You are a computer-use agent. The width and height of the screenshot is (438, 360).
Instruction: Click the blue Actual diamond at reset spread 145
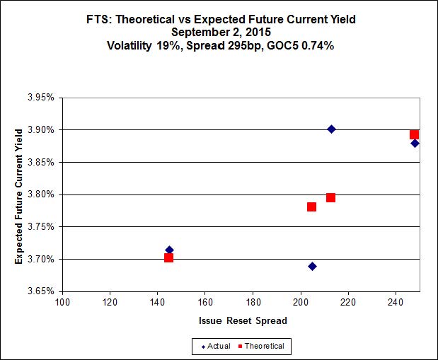click(x=169, y=250)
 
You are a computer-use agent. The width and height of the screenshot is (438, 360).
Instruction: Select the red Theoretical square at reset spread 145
click(x=168, y=257)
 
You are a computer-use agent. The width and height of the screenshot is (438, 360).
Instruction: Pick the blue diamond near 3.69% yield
click(x=312, y=266)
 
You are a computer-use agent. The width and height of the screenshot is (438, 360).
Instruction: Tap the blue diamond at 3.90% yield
click(x=331, y=129)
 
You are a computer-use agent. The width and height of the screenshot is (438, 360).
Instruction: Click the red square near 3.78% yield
click(x=311, y=207)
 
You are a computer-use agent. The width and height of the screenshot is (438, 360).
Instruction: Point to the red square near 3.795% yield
click(x=330, y=197)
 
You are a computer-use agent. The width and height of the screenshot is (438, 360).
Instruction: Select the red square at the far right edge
click(x=414, y=134)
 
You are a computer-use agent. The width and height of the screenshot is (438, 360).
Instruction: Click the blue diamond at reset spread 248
click(x=415, y=143)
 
